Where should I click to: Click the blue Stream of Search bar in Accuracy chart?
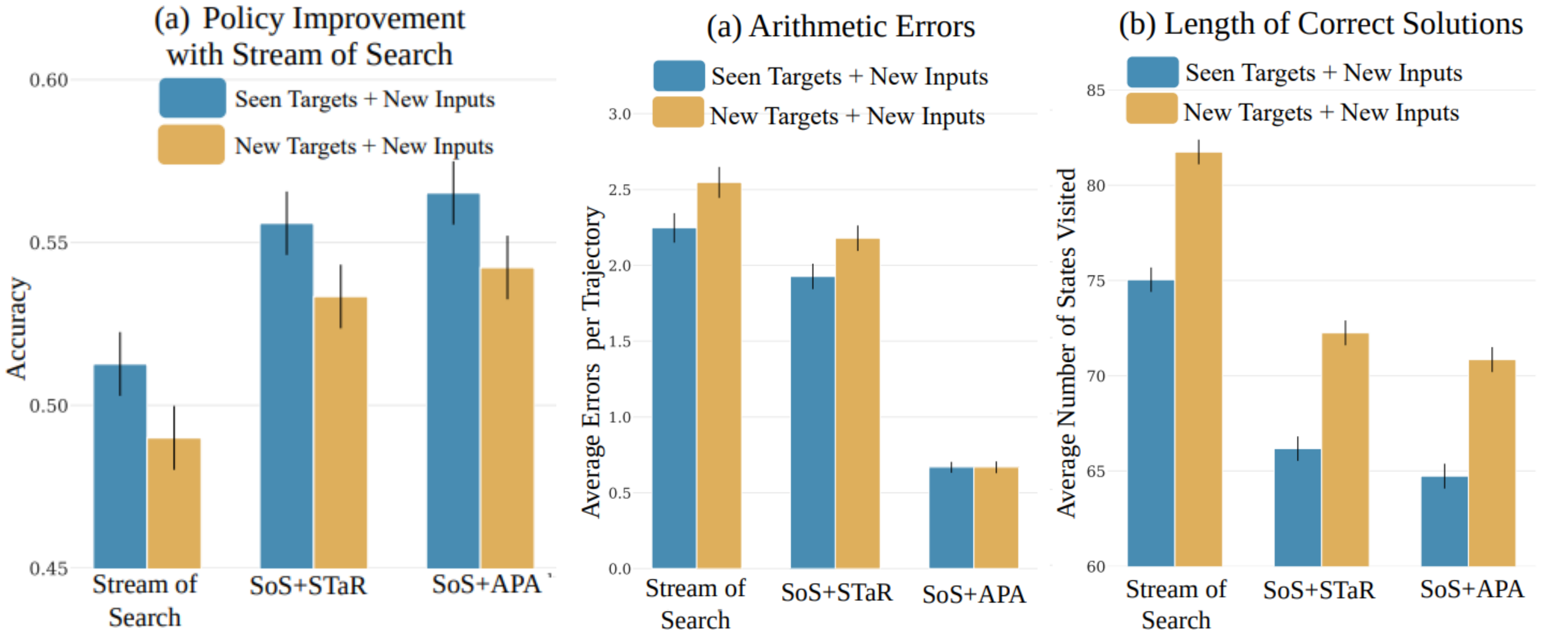(x=120, y=467)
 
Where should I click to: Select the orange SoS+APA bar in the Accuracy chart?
(x=507, y=419)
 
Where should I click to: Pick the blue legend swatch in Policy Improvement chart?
(x=192, y=98)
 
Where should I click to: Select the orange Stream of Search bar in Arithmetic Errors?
(x=719, y=377)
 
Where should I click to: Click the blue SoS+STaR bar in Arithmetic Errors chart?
(x=812, y=423)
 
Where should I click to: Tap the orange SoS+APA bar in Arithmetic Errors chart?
(x=996, y=518)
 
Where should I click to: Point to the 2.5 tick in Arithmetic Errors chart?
(x=620, y=190)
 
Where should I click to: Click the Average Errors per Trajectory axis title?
(x=592, y=362)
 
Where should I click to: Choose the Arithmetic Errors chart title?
(x=841, y=27)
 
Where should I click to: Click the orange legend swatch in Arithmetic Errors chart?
(x=678, y=112)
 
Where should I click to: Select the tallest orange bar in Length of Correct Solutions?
(x=1198, y=359)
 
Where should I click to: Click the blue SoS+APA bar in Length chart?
(x=1444, y=522)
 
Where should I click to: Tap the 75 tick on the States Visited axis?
(x=1096, y=281)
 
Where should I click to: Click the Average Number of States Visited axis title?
(x=1067, y=342)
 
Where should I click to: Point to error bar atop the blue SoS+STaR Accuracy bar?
(x=287, y=223)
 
